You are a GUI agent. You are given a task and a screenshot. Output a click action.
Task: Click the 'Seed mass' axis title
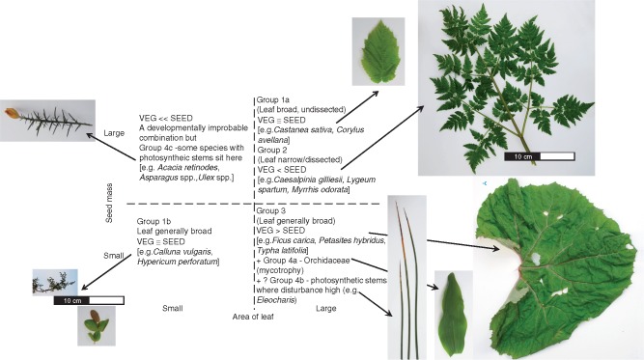tap(109, 204)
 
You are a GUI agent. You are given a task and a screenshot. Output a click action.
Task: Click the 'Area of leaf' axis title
tap(253, 317)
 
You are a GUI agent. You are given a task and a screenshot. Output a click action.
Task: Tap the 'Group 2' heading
tap(272, 150)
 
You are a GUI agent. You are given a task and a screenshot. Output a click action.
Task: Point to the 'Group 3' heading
tap(271, 210)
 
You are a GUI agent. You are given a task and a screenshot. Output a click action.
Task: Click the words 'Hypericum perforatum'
tap(177, 262)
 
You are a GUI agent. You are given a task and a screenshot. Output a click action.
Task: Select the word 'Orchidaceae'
tap(327, 261)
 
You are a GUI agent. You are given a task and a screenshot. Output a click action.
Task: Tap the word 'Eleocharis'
tap(276, 300)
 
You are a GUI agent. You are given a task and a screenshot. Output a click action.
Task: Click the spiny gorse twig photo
tap(47, 121)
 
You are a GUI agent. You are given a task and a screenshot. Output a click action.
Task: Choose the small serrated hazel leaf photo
tap(378, 51)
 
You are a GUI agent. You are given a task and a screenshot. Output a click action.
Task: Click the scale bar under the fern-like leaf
tap(540, 156)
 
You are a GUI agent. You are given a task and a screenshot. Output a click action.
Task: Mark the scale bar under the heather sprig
tap(89, 300)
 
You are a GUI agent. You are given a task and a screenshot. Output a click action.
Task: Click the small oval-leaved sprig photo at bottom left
tap(97, 326)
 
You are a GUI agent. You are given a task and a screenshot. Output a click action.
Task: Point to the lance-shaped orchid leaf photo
tap(453, 315)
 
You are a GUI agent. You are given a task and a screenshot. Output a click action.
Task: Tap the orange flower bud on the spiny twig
tap(12, 113)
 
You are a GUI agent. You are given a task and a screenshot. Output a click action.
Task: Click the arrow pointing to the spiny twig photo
tap(110, 146)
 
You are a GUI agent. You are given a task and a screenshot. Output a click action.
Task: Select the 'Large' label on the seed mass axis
tap(114, 133)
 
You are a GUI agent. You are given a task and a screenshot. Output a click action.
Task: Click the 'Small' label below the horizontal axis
tap(173, 308)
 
